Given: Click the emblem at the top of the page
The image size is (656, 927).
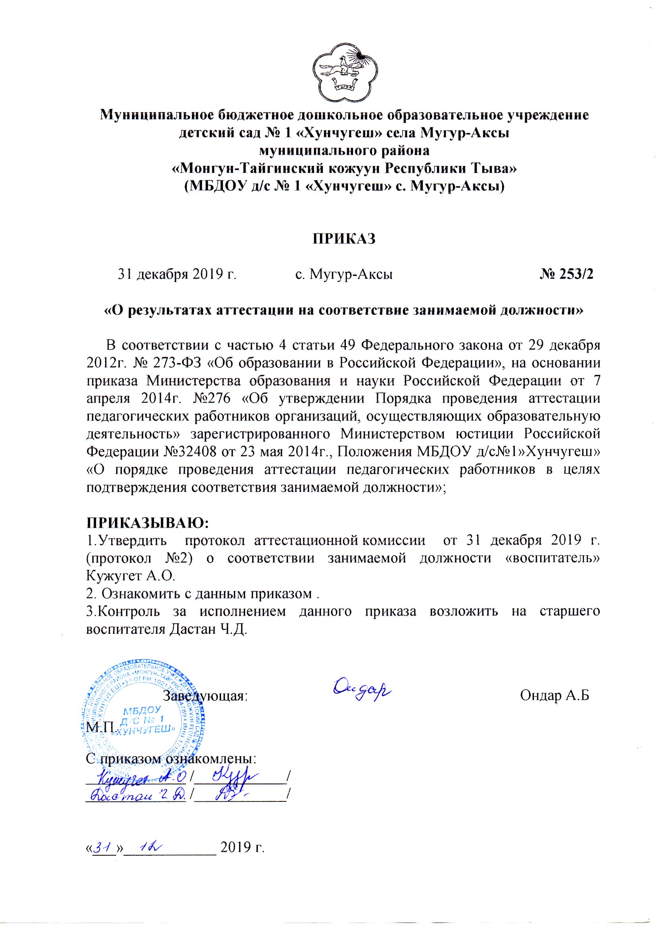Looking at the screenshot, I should click(x=346, y=73).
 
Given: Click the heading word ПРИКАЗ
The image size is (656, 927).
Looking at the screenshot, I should click(x=344, y=239).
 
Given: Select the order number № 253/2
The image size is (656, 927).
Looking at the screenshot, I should click(x=567, y=274).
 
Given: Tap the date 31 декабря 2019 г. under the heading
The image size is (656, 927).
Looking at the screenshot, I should click(x=177, y=275).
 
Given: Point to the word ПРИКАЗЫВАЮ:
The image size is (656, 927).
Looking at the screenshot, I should click(x=148, y=522).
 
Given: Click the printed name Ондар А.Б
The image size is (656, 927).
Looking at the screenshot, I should click(x=554, y=695).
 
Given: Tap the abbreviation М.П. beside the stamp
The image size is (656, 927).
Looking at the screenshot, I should click(x=101, y=728).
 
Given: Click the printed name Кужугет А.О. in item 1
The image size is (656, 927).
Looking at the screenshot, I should click(x=131, y=575).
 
